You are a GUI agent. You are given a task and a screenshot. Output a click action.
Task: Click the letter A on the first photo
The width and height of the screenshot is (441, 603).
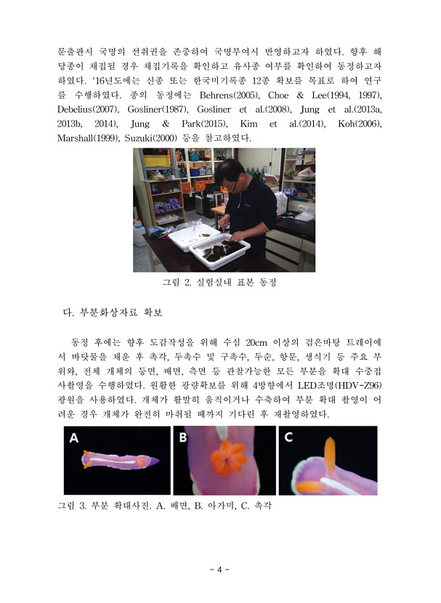pos(73,438)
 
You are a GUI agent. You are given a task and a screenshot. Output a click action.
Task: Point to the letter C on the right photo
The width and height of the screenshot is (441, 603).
pos(289,438)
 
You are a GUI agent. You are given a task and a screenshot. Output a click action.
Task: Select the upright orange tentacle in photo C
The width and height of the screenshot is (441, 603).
pos(330,455)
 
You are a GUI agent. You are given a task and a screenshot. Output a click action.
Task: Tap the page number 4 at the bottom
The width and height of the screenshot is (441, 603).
pos(219,570)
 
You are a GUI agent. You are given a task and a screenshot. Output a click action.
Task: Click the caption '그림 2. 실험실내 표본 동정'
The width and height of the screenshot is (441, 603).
pos(219,282)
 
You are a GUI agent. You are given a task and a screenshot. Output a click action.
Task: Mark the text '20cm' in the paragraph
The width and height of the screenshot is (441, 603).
pos(262,341)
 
